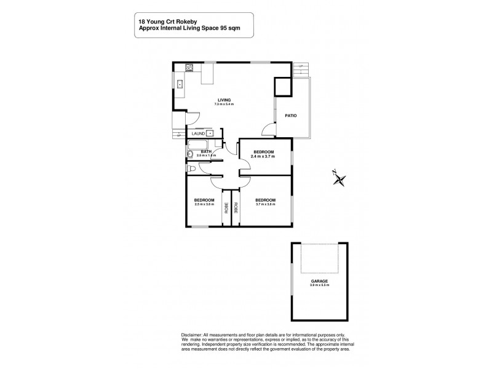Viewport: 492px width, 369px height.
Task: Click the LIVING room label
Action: [224, 100]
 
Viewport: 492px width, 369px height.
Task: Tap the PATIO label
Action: [291, 115]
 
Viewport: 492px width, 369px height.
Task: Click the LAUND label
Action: [198, 133]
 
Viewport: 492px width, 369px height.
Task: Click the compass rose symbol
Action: [339, 178]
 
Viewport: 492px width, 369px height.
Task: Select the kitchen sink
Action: [181, 85]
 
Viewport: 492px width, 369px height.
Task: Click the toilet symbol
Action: [190, 169]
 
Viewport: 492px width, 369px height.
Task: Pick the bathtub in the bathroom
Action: [189, 154]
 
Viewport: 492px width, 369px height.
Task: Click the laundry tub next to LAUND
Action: [210, 133]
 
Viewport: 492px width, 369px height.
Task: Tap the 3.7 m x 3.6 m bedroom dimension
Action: [265, 204]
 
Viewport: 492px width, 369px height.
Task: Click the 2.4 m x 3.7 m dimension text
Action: [262, 156]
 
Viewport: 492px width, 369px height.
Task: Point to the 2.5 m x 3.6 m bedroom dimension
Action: [204, 204]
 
